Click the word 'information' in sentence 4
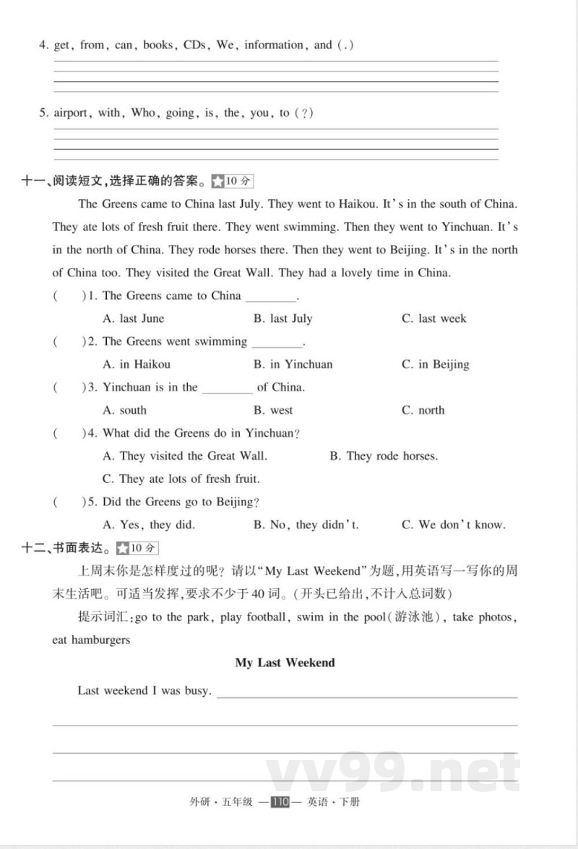[x=274, y=45]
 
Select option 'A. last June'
[x=134, y=318]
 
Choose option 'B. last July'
[x=282, y=318]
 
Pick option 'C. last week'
[x=434, y=318]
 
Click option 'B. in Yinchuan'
[x=293, y=365]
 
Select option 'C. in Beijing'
[x=436, y=365]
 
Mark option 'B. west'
[x=273, y=410]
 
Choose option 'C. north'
[x=423, y=410]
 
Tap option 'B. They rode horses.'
[x=384, y=456]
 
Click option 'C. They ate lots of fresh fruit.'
[x=181, y=479]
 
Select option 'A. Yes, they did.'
[x=149, y=525]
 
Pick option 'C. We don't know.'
[x=454, y=525]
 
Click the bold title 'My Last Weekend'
[x=285, y=663]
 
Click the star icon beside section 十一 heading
[x=217, y=180]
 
